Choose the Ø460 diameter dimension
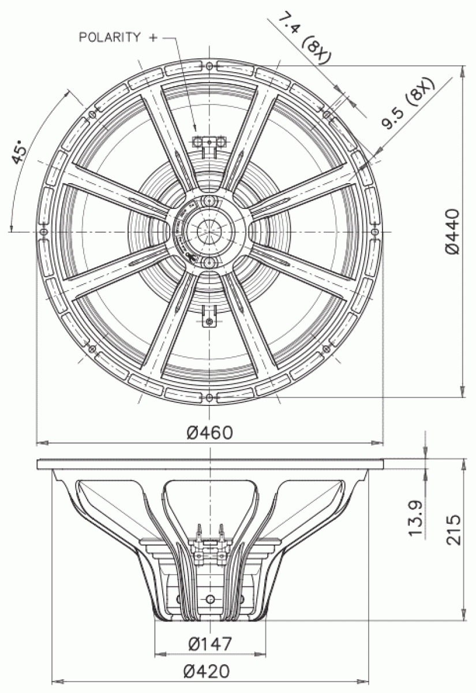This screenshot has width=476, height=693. point(209,432)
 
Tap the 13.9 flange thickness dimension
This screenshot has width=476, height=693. point(417,517)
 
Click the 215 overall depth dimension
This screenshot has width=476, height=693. point(453,528)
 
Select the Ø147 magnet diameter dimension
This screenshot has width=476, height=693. point(209,643)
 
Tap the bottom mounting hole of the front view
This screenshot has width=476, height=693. point(209,398)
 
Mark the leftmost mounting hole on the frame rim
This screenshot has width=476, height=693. point(43,231)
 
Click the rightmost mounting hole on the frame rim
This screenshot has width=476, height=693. point(375,231)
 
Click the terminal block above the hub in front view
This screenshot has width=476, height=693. point(209,141)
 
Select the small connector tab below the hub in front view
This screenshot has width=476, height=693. point(209,319)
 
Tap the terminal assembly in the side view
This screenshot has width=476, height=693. point(209,545)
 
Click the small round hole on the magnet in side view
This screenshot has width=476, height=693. point(209,597)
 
